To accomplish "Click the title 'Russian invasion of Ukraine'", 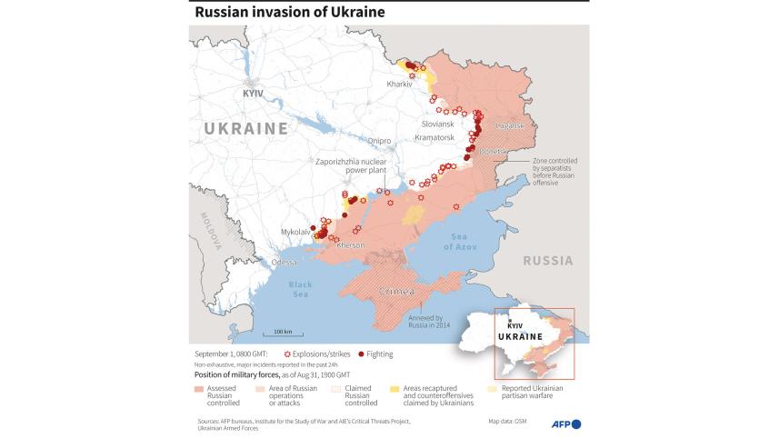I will click(x=289, y=12).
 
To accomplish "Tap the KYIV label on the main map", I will click(x=254, y=94).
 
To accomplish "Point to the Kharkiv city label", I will click(x=399, y=85).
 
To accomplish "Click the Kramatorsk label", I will click(x=434, y=137).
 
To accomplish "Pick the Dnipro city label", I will click(x=379, y=141).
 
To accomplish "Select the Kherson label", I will click(x=350, y=244).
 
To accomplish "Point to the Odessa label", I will click(x=284, y=262).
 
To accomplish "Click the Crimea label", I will click(x=395, y=292).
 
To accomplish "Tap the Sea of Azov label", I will click(x=459, y=242).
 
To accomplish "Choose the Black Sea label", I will click(x=301, y=289).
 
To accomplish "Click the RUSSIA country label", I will click(x=547, y=260).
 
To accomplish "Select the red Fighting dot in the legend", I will click(x=361, y=353).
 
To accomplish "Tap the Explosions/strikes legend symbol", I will click(x=289, y=353).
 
